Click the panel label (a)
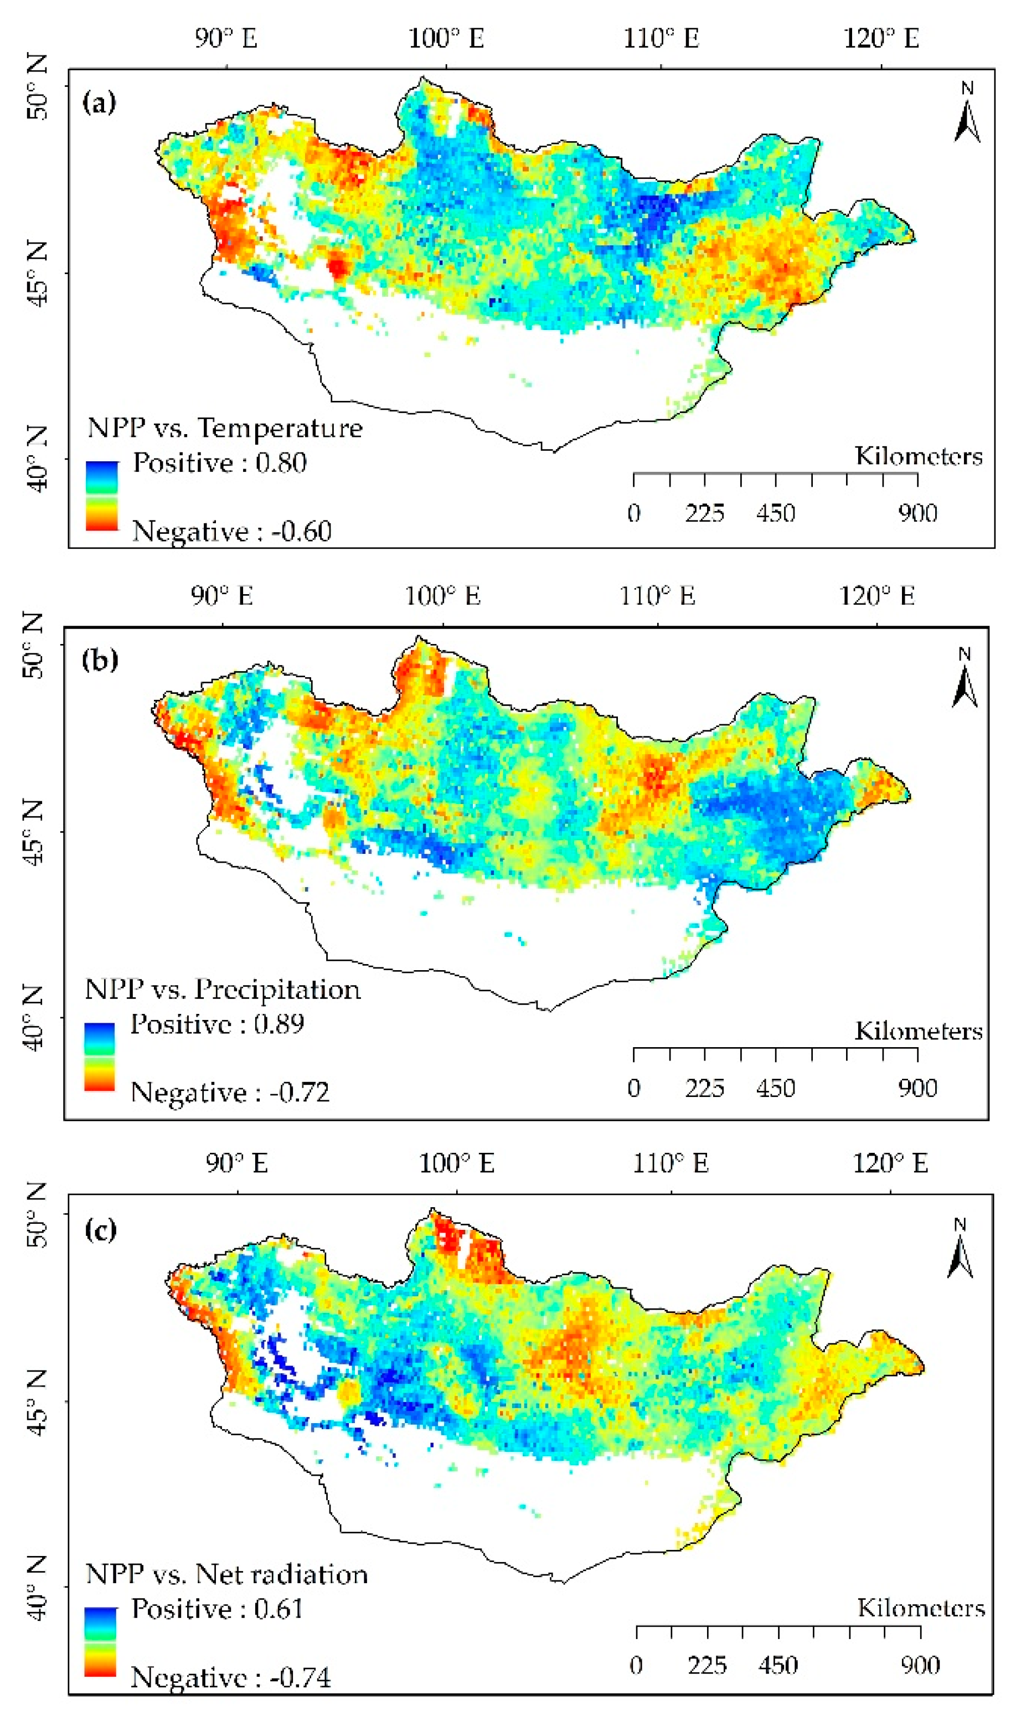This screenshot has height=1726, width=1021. coord(99,103)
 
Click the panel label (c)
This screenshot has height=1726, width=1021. coord(100,1229)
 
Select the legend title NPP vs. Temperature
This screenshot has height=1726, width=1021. coord(224,428)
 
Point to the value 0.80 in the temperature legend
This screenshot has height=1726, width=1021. coord(281,462)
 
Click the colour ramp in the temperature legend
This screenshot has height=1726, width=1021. coord(102,495)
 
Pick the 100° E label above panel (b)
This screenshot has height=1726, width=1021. coord(442,596)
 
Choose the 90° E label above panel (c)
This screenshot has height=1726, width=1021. coord(236,1163)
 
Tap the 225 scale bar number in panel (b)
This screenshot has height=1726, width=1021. coord(704,1088)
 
